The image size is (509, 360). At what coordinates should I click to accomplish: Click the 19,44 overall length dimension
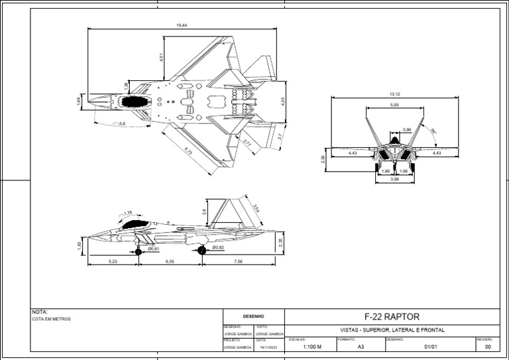point(181,25)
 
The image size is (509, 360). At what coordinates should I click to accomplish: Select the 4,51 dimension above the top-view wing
point(161,58)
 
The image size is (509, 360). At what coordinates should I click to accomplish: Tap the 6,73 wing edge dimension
point(188,151)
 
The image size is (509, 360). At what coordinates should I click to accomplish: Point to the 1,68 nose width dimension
point(79,101)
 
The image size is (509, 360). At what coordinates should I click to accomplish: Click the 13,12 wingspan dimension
point(395,95)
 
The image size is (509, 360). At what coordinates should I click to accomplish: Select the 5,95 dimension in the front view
point(394,105)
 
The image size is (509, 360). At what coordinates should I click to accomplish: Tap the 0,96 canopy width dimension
point(407,129)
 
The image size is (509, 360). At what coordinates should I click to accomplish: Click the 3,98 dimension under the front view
point(394,179)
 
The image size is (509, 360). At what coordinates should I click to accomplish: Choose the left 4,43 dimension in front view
point(352,153)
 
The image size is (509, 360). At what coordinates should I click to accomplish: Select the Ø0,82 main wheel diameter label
point(218,247)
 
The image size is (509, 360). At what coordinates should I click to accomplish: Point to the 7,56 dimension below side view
point(238,262)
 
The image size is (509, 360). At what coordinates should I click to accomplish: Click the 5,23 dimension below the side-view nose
point(112,262)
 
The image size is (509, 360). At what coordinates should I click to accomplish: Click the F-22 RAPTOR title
point(392,317)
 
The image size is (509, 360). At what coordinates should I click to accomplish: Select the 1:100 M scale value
point(311,346)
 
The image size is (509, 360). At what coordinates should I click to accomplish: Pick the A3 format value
point(361,346)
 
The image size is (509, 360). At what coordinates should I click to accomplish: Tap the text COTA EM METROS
point(51,319)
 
